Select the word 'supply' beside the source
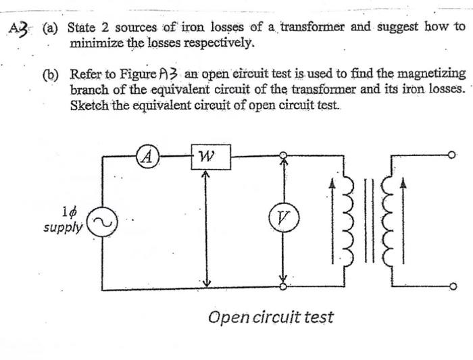63,228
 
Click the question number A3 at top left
21,29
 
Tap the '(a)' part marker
51,29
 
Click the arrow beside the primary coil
331,220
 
